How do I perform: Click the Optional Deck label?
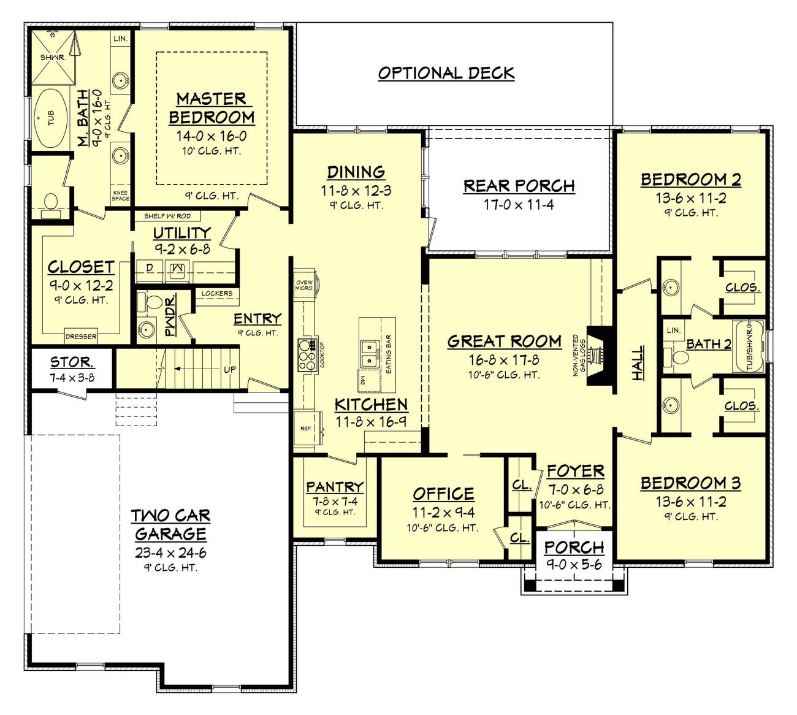tap(446, 73)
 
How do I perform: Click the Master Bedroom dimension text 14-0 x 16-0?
tap(211, 136)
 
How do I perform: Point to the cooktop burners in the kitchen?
tap(306, 354)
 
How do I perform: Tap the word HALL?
tap(638, 363)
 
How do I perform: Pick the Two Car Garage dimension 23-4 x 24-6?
tap(170, 552)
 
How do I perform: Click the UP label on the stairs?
tap(229, 370)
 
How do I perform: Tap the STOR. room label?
tap(72, 362)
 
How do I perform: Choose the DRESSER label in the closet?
tap(81, 337)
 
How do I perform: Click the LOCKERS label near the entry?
tap(217, 294)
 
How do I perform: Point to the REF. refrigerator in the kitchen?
tap(306, 429)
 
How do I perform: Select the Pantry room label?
tap(334, 487)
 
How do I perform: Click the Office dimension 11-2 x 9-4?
tap(443, 513)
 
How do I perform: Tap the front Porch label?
tap(574, 547)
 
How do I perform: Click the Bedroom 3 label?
tap(690, 483)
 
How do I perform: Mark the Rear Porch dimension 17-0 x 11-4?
tap(519, 205)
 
